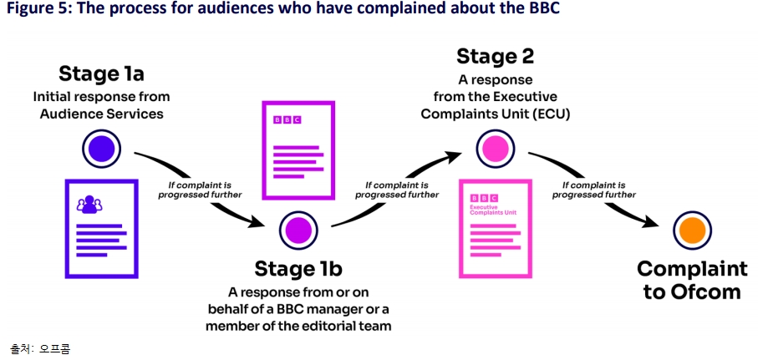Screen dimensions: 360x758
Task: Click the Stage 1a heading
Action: point(100,74)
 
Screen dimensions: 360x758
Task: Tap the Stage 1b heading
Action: point(298,269)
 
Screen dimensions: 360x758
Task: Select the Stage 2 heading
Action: point(495,56)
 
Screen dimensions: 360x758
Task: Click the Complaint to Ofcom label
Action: point(692,280)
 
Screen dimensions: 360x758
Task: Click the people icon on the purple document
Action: point(89,203)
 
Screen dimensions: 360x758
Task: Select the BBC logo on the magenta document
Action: point(287,120)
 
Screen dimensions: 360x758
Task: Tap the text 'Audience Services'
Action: point(101,114)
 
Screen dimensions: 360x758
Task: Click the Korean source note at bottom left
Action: point(39,348)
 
